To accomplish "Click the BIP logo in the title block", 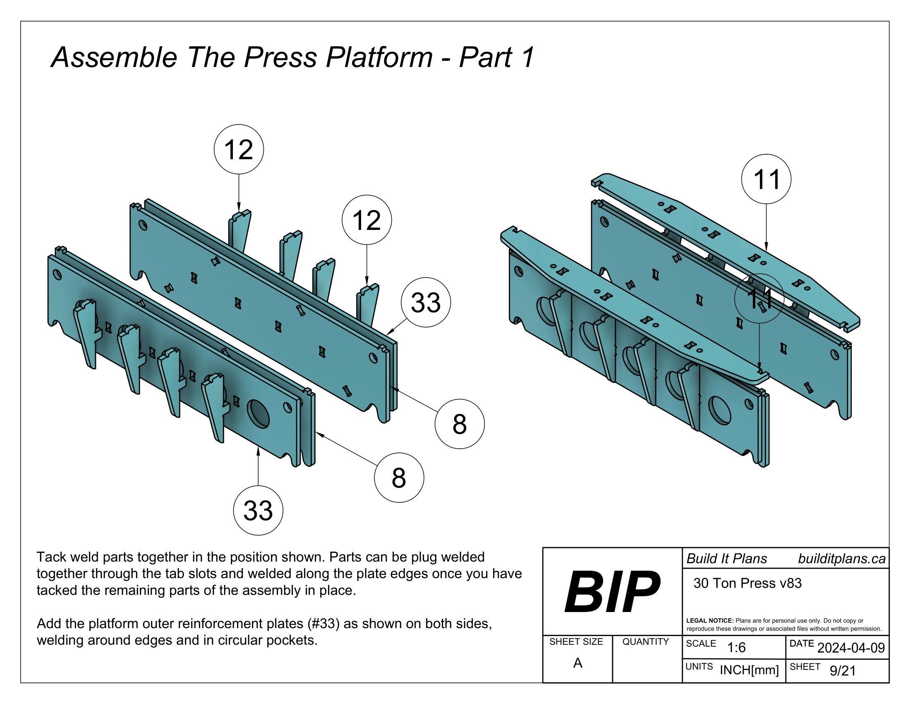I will pos(612,592).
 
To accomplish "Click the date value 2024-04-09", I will pos(851,648).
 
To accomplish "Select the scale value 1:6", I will pos(736,648).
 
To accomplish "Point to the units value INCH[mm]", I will pos(749,670).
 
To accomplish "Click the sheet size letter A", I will pos(577,663).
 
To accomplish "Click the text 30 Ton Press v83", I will pos(747,583).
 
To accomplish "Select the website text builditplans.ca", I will pos(842,559).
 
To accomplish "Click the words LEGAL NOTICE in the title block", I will pos(709,621).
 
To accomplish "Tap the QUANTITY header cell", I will pos(645,642).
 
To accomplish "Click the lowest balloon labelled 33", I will pos(258,511).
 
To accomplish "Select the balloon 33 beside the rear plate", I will pos(425,302).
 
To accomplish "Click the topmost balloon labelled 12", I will pos(239,149).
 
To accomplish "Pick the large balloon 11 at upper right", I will pos(766,179).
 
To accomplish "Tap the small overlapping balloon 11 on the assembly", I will pos(759,299).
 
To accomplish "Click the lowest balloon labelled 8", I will pos(399,478).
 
